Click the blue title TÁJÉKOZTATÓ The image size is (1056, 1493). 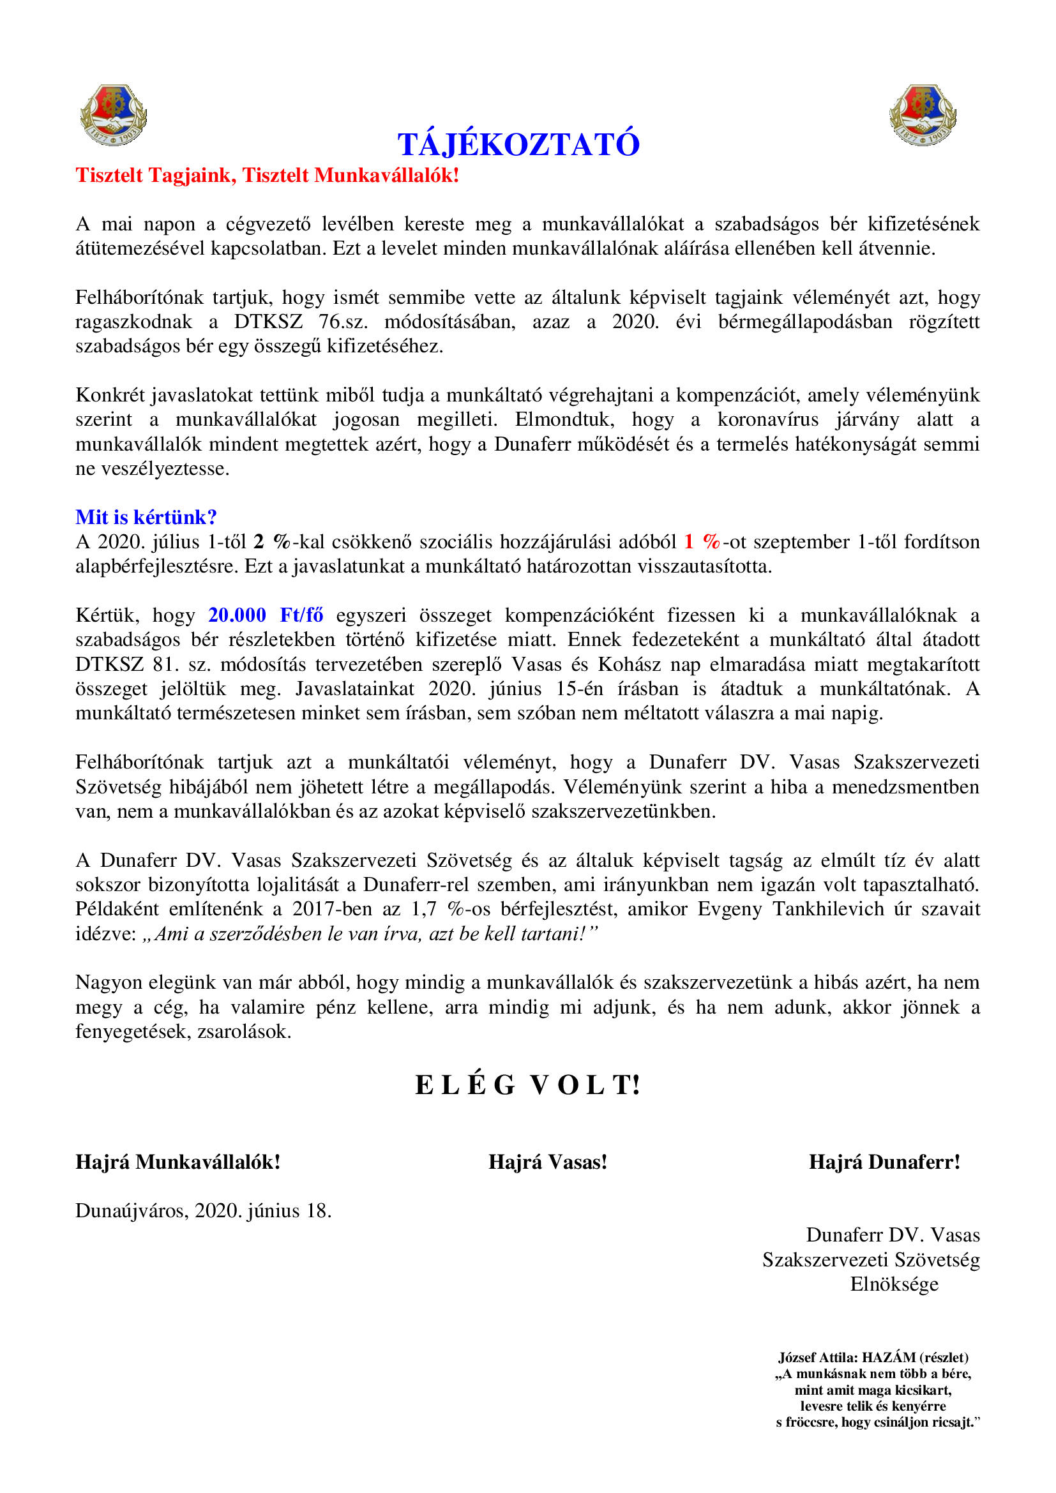[518, 144]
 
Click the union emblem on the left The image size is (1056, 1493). [113, 115]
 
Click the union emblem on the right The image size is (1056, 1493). [922, 115]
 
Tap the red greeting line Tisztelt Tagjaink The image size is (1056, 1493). [268, 176]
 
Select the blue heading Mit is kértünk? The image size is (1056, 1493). [146, 517]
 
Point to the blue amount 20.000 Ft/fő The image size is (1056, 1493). [266, 615]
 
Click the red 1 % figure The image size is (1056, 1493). [702, 542]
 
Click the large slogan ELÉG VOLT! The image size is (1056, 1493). [527, 1085]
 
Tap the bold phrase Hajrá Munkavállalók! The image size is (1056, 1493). [177, 1162]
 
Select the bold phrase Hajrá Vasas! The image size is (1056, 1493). [548, 1162]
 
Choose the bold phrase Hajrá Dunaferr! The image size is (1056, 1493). [884, 1162]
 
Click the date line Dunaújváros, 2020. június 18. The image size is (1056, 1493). [204, 1211]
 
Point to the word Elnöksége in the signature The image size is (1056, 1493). [894, 1284]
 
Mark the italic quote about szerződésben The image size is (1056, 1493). [369, 934]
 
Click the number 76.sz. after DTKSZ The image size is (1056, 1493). [343, 322]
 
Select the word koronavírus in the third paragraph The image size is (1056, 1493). [767, 419]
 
